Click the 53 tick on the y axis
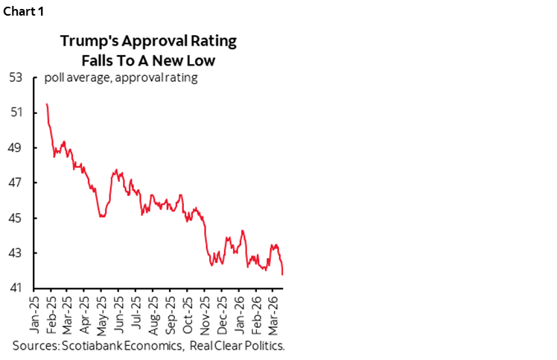16,78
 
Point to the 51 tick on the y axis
16,113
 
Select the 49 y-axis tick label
16,148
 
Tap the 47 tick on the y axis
16,183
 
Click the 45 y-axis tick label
16,218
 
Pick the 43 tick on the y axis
16,253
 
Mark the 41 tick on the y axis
16,288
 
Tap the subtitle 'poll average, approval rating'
121,78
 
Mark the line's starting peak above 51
47,104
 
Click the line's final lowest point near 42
282,275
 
